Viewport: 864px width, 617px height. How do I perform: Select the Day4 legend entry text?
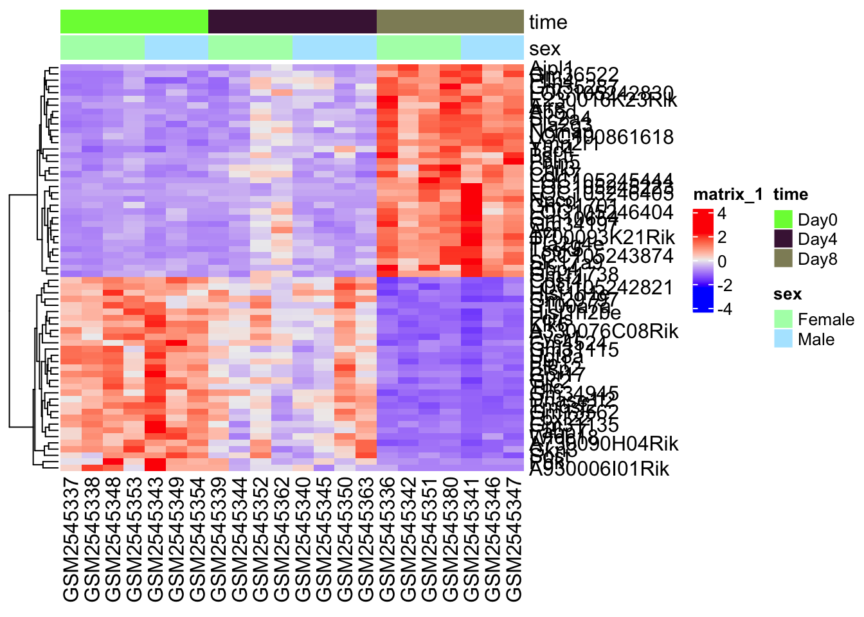[x=817, y=240]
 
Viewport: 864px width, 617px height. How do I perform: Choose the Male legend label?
[x=816, y=339]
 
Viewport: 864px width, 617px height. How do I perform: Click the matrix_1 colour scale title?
[x=728, y=195]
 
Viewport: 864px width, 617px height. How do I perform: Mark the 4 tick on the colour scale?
[x=722, y=213]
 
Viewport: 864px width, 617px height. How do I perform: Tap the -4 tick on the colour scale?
[x=724, y=309]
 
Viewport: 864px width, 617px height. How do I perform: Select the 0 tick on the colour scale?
[x=722, y=262]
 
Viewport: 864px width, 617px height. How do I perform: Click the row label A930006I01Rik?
[x=599, y=469]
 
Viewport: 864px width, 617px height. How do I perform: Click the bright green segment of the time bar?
[x=134, y=22]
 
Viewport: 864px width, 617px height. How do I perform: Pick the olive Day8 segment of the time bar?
[x=450, y=22]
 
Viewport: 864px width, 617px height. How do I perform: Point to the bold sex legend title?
[x=788, y=294]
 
